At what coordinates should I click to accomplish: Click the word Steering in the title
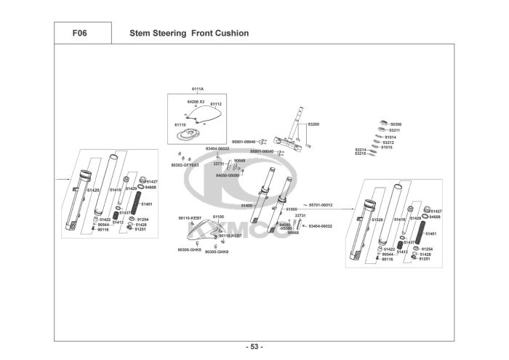[172, 33]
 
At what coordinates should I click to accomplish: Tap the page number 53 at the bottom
[254, 346]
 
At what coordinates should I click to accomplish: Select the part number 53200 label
[314, 124]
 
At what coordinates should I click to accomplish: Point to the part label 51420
[92, 190]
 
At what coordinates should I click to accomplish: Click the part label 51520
[377, 219]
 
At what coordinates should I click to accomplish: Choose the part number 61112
[216, 104]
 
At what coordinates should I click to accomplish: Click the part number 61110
[180, 124]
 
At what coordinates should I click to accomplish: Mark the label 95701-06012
[321, 205]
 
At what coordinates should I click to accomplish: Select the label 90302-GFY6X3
[185, 165]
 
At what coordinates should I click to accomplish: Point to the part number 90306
[396, 124]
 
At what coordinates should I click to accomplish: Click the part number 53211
[395, 130]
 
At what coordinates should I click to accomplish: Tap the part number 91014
[390, 137]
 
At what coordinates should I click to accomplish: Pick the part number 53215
[360, 153]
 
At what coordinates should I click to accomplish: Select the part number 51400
[247, 206]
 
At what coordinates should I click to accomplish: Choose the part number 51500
[292, 209]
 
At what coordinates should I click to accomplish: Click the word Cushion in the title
[231, 33]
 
